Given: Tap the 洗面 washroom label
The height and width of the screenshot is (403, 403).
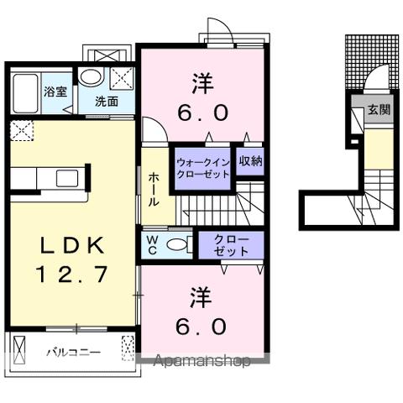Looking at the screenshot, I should click(x=105, y=102).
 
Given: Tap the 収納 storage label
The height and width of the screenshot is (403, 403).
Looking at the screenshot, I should click(x=249, y=160).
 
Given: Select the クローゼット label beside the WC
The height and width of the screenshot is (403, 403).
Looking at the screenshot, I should click(x=231, y=244).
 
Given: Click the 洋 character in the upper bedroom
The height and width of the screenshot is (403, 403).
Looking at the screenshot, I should click(x=201, y=84).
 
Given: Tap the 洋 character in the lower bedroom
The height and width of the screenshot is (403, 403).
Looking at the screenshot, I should click(x=201, y=296).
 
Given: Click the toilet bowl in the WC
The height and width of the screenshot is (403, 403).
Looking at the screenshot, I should click(x=178, y=244).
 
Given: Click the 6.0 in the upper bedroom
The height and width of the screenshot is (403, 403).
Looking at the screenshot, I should click(x=201, y=112).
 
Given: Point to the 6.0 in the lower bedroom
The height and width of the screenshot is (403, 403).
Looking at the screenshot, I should click(x=201, y=325).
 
